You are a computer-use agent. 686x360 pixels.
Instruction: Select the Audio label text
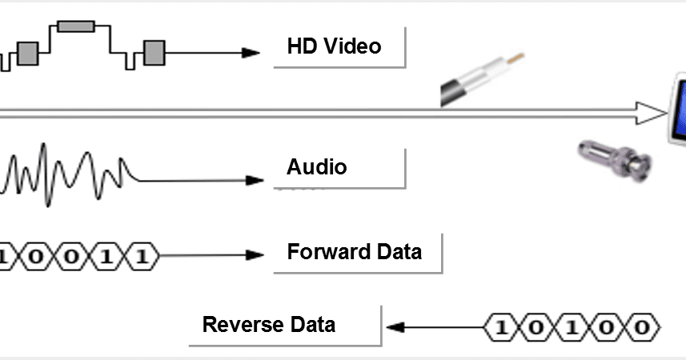[317, 167]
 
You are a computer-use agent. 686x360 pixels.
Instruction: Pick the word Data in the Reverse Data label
[312, 325]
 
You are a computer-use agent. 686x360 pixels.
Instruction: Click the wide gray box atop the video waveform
[76, 26]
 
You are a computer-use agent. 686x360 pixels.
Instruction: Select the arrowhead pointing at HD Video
[253, 53]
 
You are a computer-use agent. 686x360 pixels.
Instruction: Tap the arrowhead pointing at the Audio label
[255, 180]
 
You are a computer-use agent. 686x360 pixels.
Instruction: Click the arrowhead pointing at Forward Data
[255, 255]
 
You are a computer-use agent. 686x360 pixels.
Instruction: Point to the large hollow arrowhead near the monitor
[648, 113]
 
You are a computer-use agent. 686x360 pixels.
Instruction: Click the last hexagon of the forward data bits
[142, 257]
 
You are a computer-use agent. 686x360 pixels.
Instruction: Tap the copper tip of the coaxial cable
[518, 58]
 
